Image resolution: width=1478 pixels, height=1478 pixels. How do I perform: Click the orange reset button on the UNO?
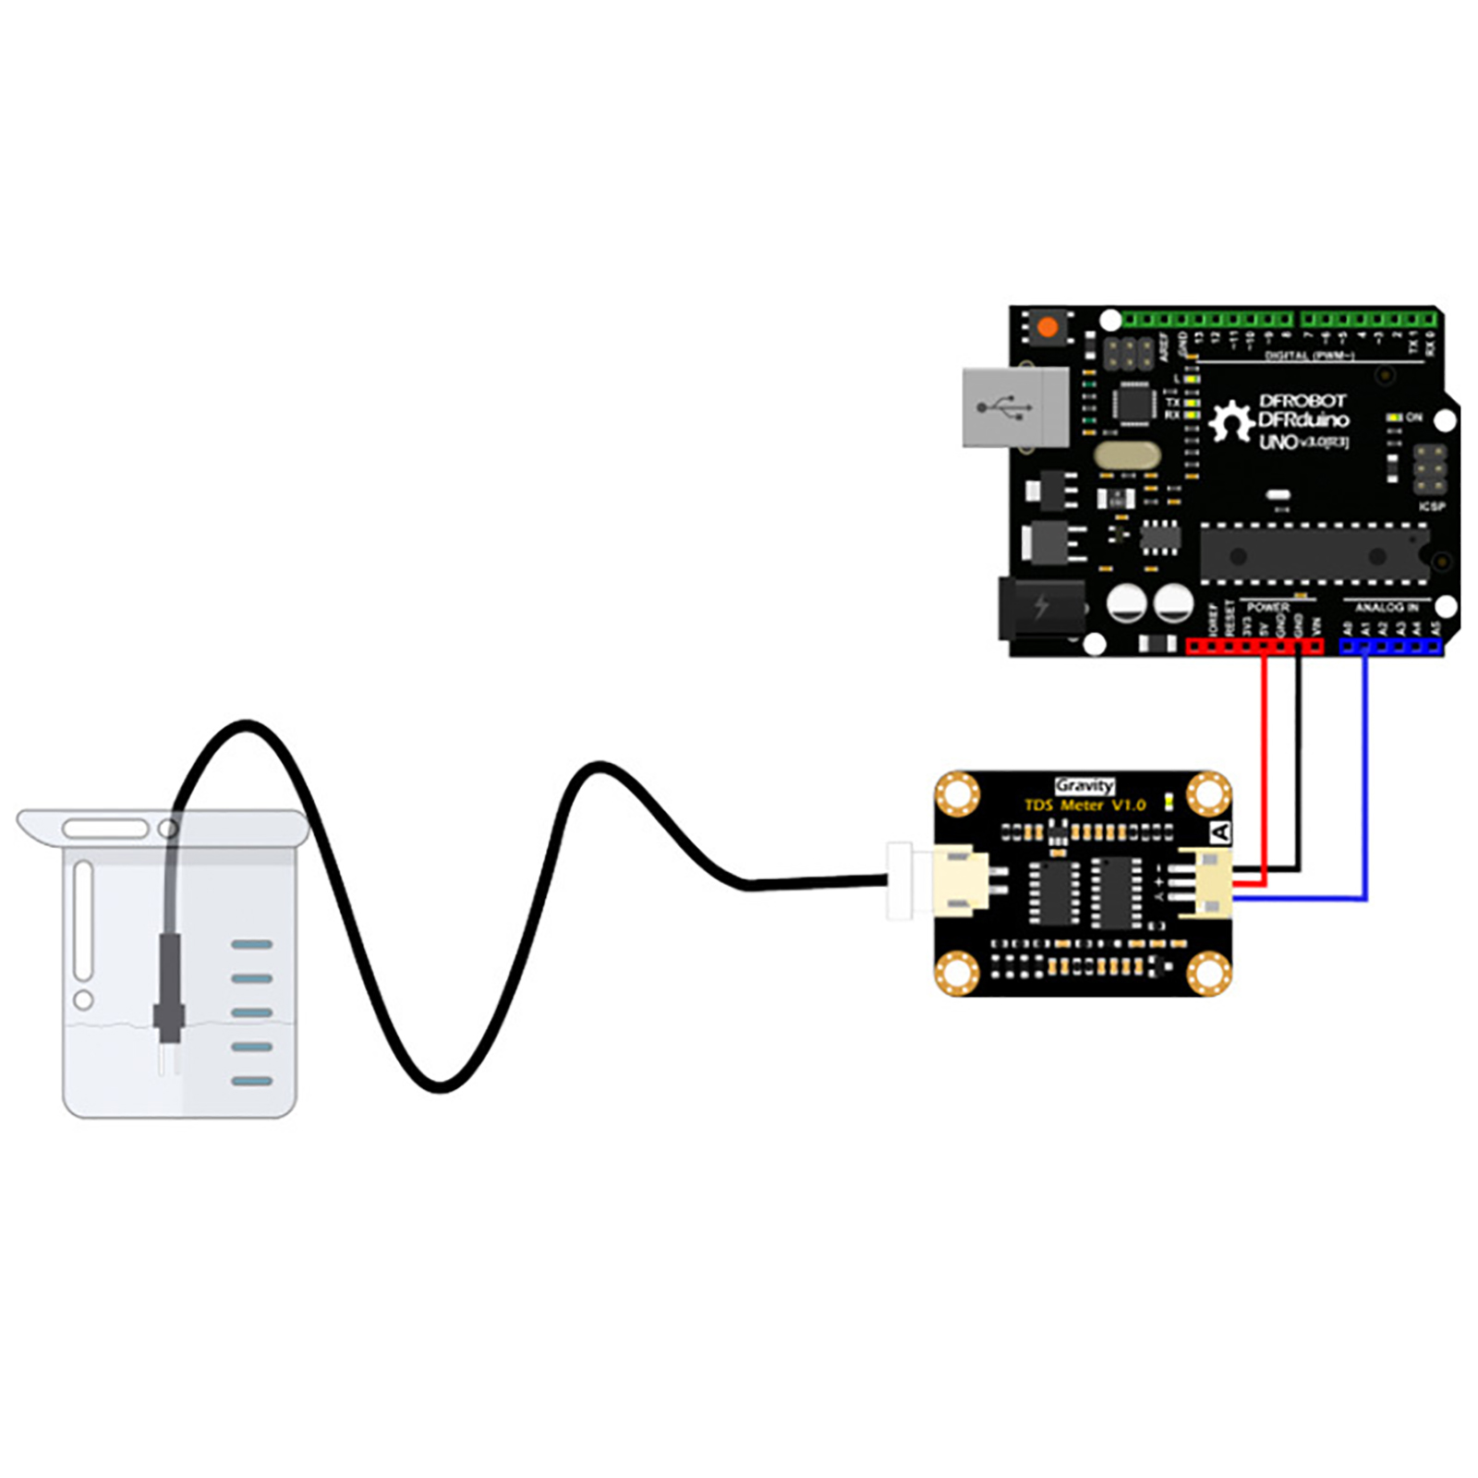(x=1047, y=328)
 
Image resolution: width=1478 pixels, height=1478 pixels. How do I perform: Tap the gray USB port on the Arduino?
(x=1014, y=407)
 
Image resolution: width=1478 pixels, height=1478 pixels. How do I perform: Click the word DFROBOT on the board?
(x=1302, y=401)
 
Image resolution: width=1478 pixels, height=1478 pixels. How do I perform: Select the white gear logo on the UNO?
(x=1230, y=421)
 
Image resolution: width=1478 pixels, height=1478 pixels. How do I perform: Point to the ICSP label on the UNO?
(x=1431, y=506)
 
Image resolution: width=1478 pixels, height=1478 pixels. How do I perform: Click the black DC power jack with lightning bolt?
(x=1041, y=608)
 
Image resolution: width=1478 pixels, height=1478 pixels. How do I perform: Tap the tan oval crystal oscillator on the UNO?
(x=1125, y=454)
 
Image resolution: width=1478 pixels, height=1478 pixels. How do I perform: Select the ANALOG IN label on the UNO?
(x=1387, y=607)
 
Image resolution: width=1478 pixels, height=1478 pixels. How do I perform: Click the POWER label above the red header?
(x=1267, y=607)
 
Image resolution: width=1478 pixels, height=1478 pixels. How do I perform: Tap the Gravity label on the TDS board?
(x=1084, y=785)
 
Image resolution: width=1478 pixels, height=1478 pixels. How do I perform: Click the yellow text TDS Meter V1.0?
(x=1084, y=806)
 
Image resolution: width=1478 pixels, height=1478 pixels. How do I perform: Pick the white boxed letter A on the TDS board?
(x=1220, y=832)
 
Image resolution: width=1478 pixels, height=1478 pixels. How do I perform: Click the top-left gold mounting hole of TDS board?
(x=957, y=794)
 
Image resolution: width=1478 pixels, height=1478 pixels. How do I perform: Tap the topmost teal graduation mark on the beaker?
(x=251, y=944)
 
